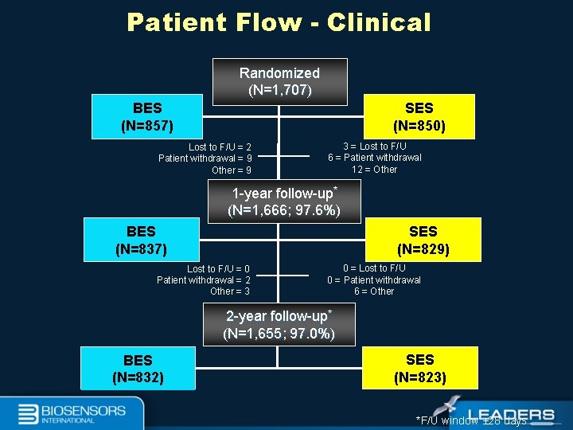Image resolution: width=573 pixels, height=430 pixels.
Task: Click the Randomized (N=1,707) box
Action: tap(279, 81)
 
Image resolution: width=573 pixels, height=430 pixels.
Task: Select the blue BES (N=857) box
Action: tap(147, 116)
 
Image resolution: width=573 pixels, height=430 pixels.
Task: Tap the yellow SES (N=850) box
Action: tap(419, 116)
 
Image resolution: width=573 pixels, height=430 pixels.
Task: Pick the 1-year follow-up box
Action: tap(284, 201)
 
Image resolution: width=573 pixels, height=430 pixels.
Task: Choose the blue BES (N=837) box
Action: tap(141, 240)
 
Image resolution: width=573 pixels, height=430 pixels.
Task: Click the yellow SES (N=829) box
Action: tap(423, 240)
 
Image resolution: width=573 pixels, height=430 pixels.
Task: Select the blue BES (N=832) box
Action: tap(138, 369)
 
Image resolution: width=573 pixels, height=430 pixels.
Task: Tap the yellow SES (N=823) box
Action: tap(419, 368)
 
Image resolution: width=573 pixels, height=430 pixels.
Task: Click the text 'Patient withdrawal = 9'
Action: tap(205, 158)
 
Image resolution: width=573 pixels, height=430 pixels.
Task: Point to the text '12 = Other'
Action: tap(374, 169)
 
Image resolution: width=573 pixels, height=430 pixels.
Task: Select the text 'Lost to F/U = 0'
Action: tap(218, 269)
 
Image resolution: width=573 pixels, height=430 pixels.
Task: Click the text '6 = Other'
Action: tap(374, 291)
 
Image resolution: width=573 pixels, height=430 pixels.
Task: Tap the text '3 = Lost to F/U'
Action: tap(375, 147)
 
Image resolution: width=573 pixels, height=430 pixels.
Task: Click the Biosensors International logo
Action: tap(72, 413)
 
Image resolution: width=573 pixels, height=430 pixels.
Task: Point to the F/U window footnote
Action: tap(471, 420)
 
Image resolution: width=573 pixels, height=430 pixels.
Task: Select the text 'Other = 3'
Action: tap(230, 291)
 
